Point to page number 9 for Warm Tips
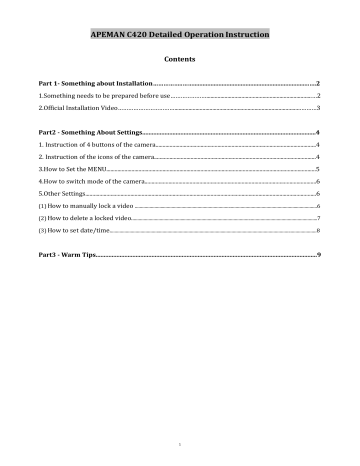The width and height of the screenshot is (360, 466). pos(317,256)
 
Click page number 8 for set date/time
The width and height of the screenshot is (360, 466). pos(317,229)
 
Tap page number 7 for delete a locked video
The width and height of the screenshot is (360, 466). pos(317,217)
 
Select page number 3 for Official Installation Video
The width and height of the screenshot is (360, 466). pos(317,106)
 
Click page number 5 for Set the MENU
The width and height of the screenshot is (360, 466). pos(317,170)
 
